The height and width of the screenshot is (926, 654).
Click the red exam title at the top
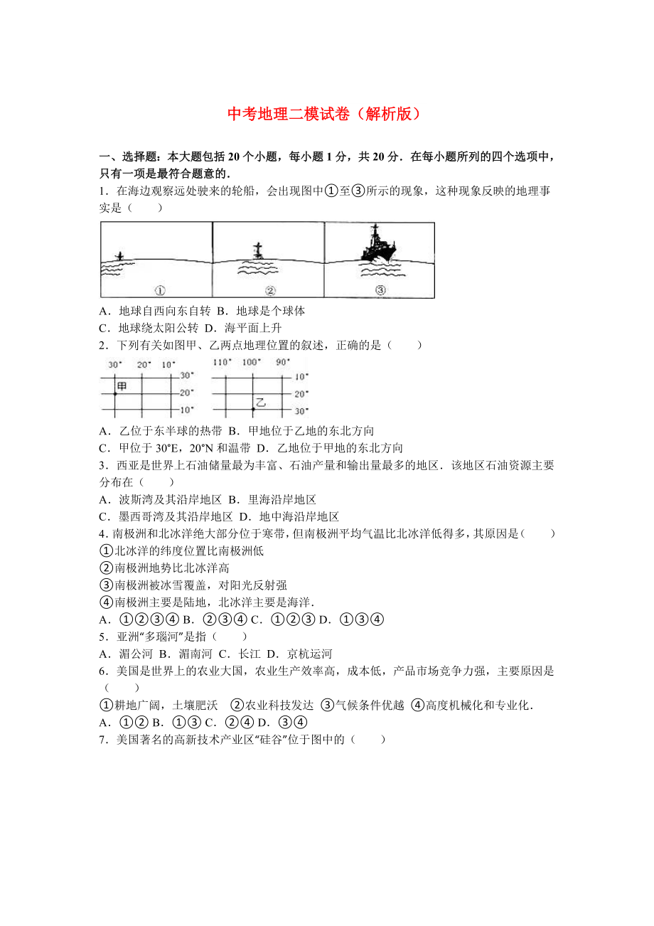pos(326,114)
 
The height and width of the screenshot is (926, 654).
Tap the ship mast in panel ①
pos(119,255)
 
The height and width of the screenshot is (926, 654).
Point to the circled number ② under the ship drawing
pos(270,290)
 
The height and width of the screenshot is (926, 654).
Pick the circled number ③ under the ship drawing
pos(380,290)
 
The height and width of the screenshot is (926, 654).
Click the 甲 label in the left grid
pos(122,385)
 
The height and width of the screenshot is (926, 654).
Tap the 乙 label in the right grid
pos(260,403)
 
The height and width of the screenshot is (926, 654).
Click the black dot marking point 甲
pos(115,393)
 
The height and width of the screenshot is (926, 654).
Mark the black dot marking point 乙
pos(252,410)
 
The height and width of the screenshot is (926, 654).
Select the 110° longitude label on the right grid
pos(223,362)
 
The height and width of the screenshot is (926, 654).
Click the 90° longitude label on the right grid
pos(282,362)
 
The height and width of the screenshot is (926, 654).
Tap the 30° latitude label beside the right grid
pos(301,411)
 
